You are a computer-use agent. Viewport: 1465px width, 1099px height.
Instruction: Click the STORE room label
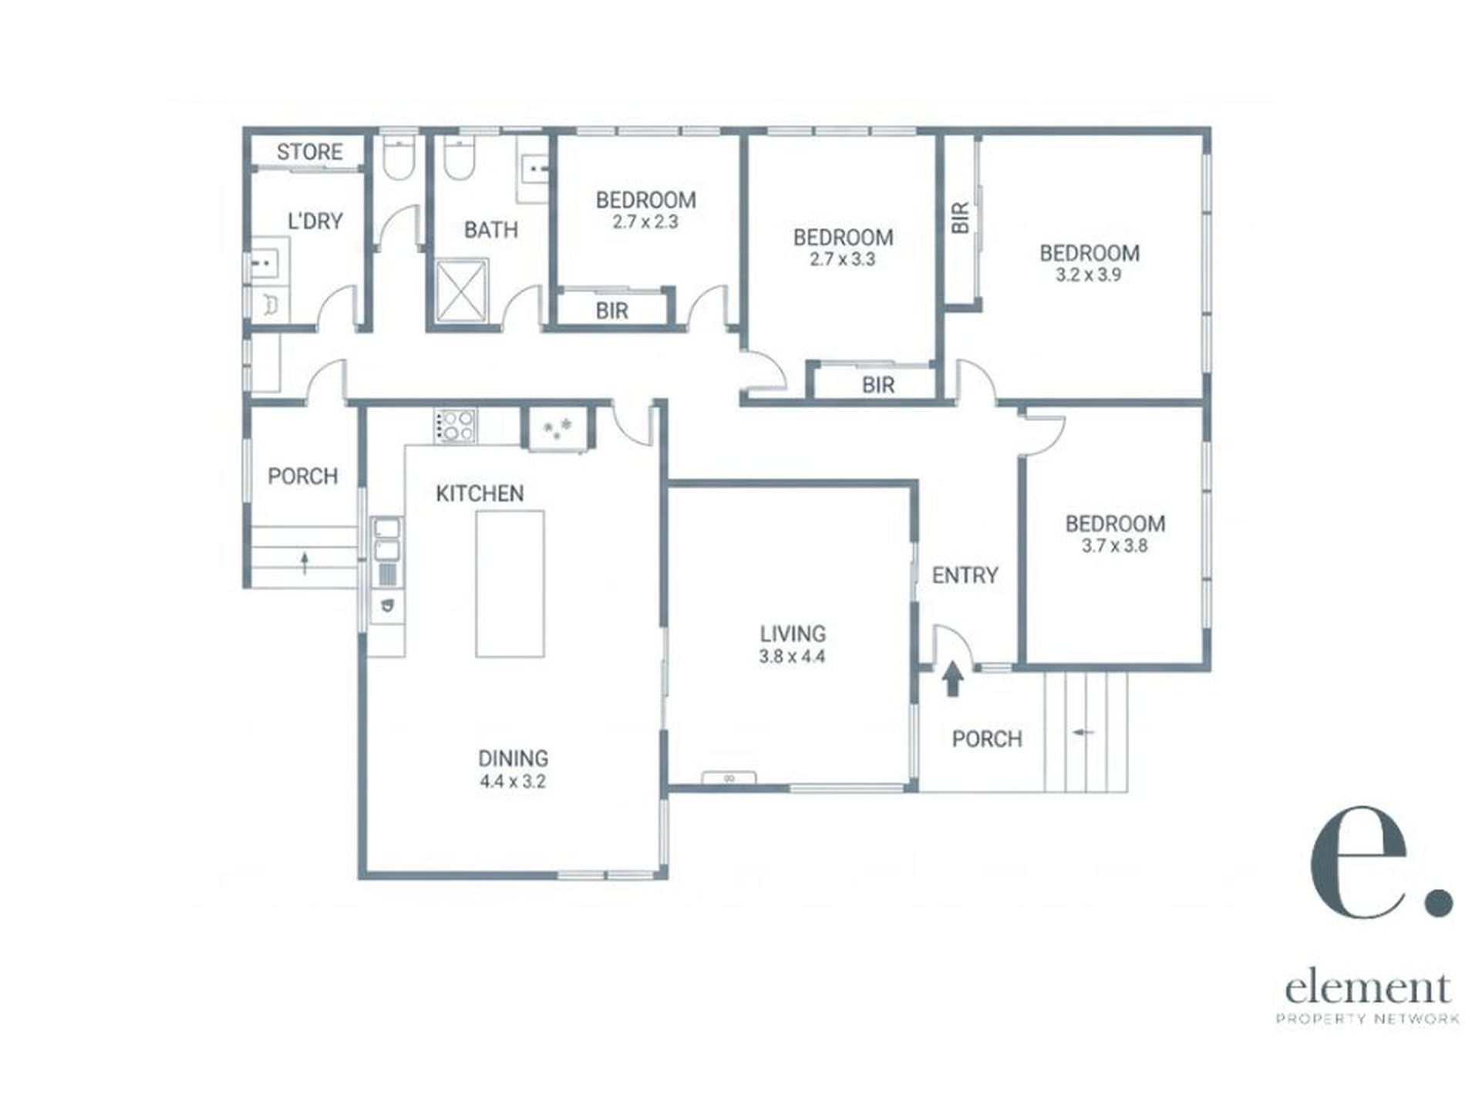pos(309,152)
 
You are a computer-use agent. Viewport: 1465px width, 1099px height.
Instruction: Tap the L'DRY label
pos(315,221)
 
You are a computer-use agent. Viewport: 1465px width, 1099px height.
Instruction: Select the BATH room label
pos(490,230)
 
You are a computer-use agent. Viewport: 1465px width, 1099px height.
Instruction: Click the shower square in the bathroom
pos(462,289)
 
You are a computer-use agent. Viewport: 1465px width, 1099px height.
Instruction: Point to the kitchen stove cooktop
pos(455,426)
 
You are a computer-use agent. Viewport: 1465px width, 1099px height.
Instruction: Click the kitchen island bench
pos(510,584)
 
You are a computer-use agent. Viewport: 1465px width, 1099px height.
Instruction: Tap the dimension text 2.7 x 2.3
pos(645,223)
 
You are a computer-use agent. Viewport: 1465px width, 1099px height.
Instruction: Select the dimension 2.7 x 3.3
pos(843,259)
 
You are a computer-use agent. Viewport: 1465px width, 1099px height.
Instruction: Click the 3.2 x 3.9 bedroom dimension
pos(1089,275)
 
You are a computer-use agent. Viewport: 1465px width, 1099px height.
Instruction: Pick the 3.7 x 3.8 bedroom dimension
pos(1115,546)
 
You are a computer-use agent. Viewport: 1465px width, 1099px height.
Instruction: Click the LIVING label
pos(793,634)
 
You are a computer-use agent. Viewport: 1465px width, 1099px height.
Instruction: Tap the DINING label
pos(513,758)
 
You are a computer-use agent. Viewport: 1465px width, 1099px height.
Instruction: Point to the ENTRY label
pos(965,575)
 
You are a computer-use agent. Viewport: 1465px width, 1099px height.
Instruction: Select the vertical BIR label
pos(960,218)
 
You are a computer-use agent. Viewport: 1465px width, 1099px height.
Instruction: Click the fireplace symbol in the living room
pos(729,778)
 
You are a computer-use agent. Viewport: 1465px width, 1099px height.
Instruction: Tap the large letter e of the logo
pos(1362,862)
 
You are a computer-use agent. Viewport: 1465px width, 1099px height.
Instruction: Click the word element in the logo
pos(1368,988)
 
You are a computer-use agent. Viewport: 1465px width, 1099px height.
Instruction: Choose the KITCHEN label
pos(480,494)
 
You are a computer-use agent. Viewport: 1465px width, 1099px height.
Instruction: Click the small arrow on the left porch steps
pos(305,562)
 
